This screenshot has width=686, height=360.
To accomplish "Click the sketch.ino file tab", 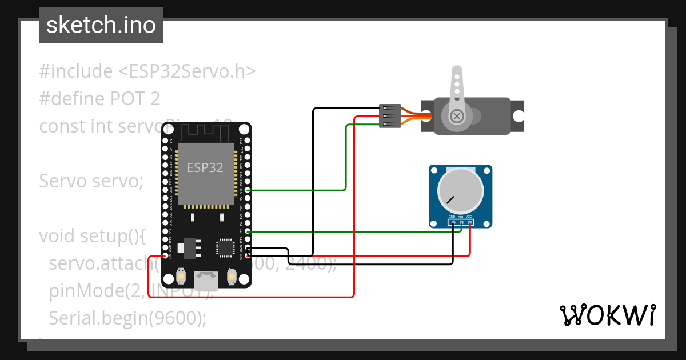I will tap(101, 25).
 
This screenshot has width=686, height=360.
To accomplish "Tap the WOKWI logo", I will tap(607, 315).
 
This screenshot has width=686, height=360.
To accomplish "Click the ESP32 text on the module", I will tap(205, 167).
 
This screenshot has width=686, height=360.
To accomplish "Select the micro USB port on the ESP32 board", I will tap(206, 280).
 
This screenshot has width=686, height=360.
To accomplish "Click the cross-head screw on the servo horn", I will tap(457, 116).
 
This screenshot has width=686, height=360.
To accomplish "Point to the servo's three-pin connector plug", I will tap(388, 116).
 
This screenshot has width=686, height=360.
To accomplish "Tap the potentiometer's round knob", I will tap(461, 190).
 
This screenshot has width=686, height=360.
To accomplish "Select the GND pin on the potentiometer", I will tap(452, 223).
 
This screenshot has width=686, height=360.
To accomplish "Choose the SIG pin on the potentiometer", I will tap(461, 223).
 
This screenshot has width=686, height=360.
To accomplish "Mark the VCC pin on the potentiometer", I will tap(469, 223).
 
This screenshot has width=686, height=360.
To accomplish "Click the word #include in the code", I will tap(76, 71).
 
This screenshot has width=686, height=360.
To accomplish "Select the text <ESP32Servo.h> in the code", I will tap(187, 71).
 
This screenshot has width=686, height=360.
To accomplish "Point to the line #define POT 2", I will tap(99, 99).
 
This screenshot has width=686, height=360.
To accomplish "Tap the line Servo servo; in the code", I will tap(90, 181).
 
